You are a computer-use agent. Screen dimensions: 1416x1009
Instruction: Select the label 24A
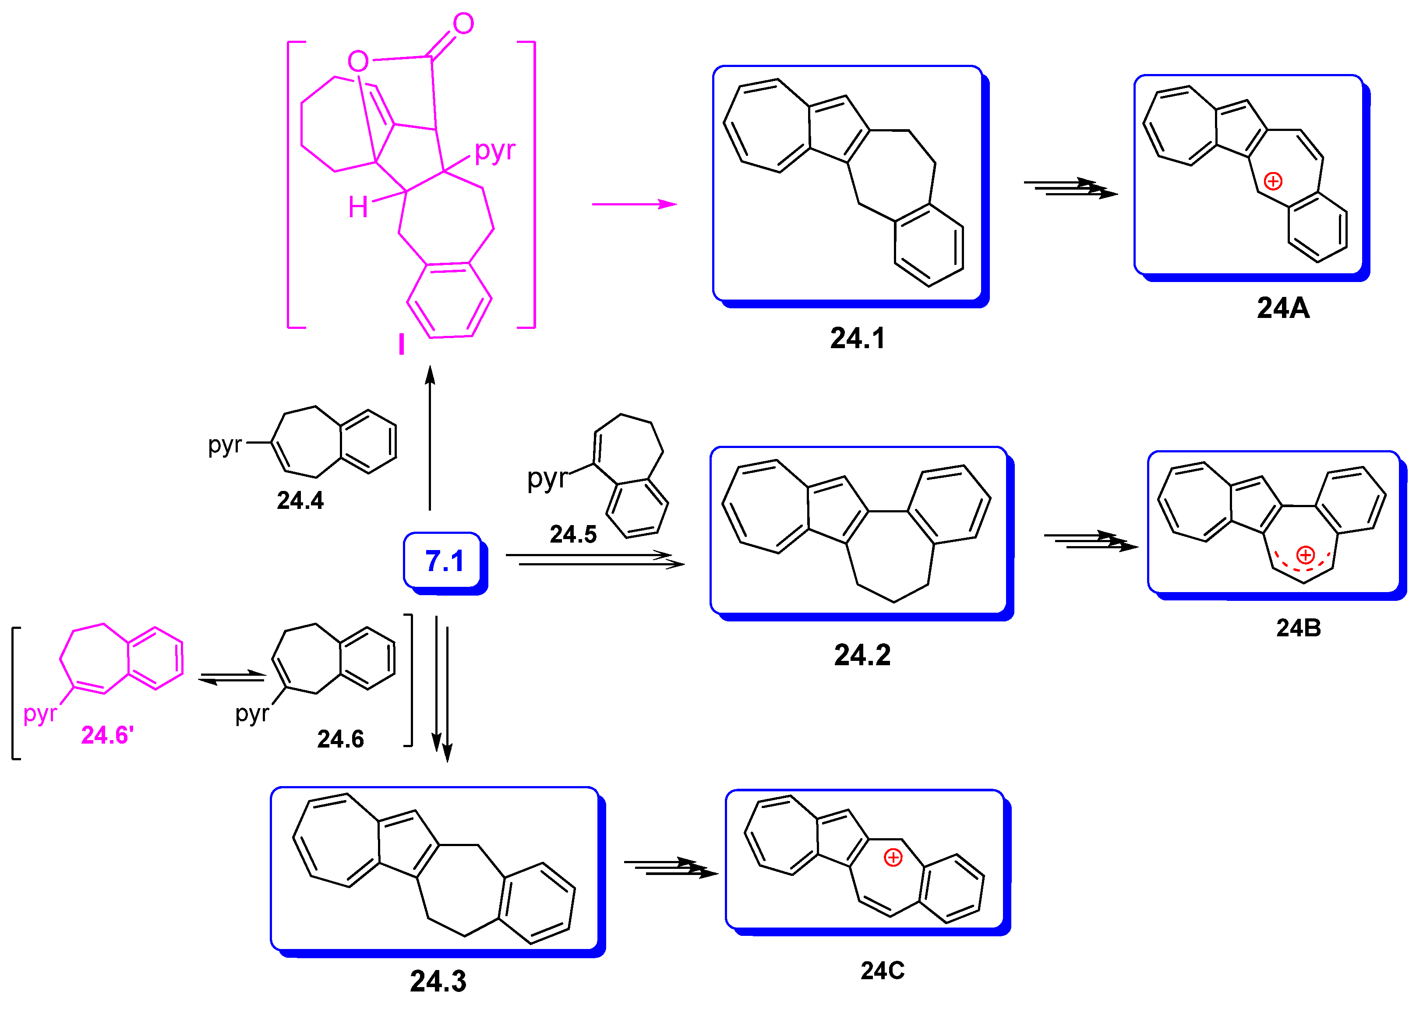pos(1283,308)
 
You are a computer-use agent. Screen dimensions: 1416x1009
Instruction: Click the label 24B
pos(1299,628)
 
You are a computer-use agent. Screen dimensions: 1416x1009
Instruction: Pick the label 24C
pos(882,971)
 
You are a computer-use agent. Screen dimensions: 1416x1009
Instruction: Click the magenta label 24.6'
pos(107,736)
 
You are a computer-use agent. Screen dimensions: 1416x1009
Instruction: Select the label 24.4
pos(300,501)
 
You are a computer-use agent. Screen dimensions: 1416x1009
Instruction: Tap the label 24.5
pos(573,534)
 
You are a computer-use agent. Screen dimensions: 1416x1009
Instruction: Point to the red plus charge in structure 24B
pos(1305,555)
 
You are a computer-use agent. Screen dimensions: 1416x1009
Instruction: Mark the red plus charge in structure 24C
pos(893,858)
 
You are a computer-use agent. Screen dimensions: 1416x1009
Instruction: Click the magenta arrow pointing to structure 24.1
pos(634,204)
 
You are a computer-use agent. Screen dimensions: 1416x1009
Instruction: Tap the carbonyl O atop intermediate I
pos(463,24)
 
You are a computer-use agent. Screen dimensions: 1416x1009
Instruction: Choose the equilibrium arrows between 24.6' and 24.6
pos(232,678)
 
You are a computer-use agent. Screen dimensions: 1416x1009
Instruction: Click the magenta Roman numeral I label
pos(401,344)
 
